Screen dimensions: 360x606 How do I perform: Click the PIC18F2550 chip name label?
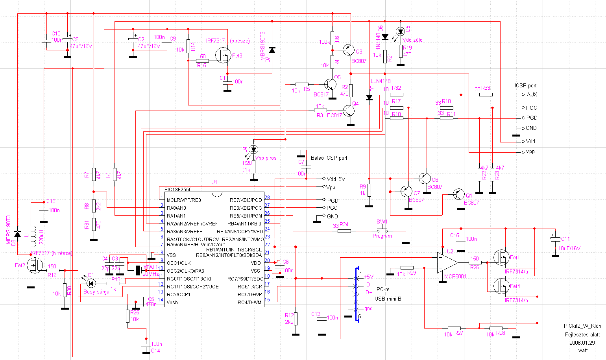(178, 190)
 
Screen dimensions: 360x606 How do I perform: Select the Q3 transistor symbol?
(348, 50)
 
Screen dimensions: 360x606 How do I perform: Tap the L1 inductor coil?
(33, 236)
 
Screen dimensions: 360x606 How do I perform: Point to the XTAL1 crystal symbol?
(138, 270)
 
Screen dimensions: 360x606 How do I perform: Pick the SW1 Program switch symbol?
(382, 231)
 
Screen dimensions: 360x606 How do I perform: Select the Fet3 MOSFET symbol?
(223, 55)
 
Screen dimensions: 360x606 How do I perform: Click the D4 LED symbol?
(254, 150)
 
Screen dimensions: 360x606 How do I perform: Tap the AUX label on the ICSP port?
(532, 94)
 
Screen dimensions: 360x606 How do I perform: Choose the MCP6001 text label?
(455, 276)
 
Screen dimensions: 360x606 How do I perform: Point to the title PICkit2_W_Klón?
(582, 326)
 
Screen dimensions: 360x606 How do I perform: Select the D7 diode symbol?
(272, 50)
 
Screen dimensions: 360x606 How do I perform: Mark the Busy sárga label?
(96, 292)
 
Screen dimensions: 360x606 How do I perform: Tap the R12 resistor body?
(296, 318)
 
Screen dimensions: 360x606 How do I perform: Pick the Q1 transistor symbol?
(459, 194)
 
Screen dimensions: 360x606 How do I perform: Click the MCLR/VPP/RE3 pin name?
(184, 200)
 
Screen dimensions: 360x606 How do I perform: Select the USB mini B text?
(388, 299)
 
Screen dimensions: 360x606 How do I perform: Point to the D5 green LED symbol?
(401, 31)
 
